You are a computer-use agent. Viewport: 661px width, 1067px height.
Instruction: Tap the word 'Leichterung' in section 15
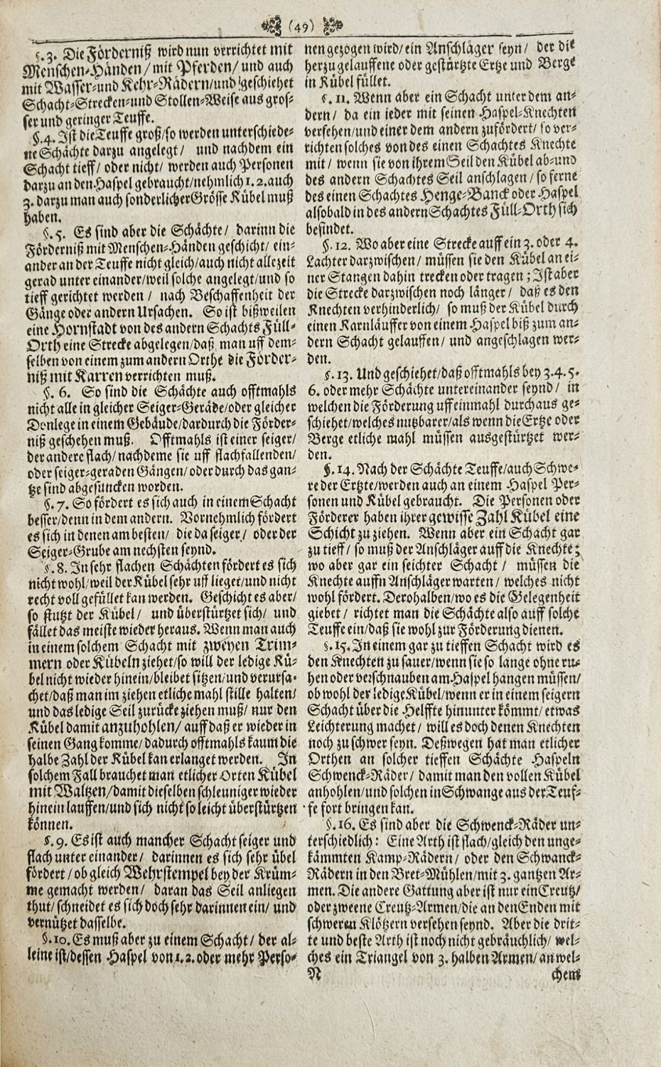pyautogui.click(x=342, y=725)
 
